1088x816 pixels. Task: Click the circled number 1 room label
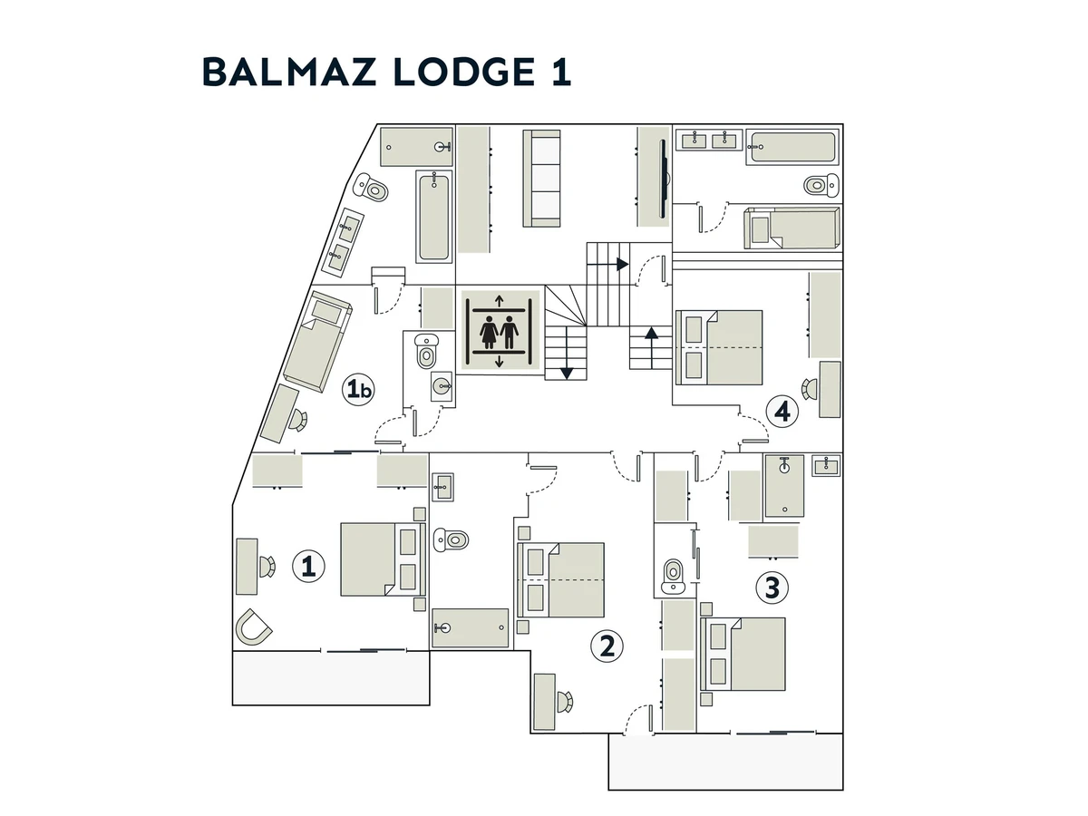tap(308, 566)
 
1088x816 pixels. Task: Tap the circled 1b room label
tap(358, 389)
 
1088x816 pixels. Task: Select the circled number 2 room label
tap(607, 646)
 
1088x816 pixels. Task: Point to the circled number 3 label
tap(772, 588)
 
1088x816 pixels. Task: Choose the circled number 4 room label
tap(782, 412)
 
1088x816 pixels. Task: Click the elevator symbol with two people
tap(500, 330)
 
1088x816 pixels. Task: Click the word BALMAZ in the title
tap(288, 73)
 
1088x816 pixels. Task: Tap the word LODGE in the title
tap(464, 73)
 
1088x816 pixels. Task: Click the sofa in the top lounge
tap(542, 179)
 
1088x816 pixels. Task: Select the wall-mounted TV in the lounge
tap(663, 179)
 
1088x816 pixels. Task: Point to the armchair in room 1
tap(254, 627)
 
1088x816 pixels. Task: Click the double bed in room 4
tap(719, 347)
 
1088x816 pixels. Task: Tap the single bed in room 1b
tap(318, 342)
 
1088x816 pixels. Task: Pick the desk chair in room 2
tap(565, 701)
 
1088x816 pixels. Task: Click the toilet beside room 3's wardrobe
tap(673, 575)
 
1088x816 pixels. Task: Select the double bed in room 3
tap(743, 654)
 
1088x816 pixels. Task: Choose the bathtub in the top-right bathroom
tap(792, 147)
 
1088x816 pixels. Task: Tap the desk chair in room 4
tap(809, 389)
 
